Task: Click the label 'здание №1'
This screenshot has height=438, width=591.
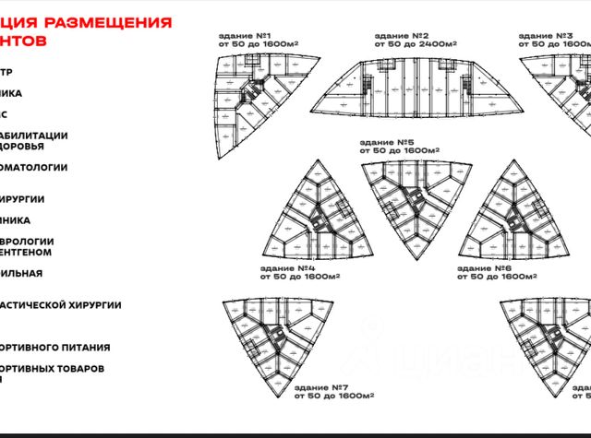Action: point(244,35)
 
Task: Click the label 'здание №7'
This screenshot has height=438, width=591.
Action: point(320,388)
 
